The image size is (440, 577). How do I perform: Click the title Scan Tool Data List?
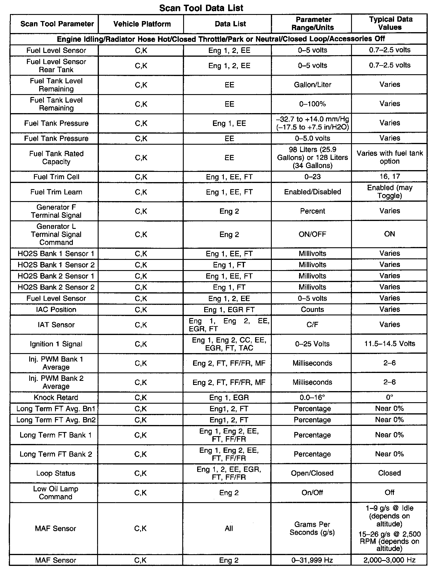pyautogui.click(x=201, y=8)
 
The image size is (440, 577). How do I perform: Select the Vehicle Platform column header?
pyautogui.click(x=142, y=24)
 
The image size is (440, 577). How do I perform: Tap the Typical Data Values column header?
pyautogui.click(x=390, y=23)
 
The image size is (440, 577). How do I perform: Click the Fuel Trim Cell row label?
pyautogui.click(x=56, y=177)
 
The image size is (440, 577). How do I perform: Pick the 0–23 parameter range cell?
pyautogui.click(x=312, y=177)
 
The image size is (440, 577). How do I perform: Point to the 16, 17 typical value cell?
pyautogui.click(x=389, y=177)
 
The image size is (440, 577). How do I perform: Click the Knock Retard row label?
pyautogui.click(x=56, y=398)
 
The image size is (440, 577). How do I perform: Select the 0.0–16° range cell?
pyautogui.click(x=312, y=398)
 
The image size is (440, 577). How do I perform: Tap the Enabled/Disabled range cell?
pyautogui.click(x=312, y=192)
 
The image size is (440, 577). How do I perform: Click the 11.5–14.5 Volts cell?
pyautogui.click(x=389, y=344)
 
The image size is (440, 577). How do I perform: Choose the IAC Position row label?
pyautogui.click(x=56, y=310)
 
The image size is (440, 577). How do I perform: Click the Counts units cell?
pyautogui.click(x=312, y=310)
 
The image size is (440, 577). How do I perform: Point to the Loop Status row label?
pyautogui.click(x=56, y=473)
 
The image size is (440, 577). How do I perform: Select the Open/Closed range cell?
pyautogui.click(x=312, y=473)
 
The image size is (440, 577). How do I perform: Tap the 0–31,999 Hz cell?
pyautogui.click(x=312, y=560)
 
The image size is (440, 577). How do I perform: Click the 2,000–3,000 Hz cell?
pyautogui.click(x=389, y=560)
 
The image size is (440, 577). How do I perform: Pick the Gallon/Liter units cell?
pyautogui.click(x=312, y=85)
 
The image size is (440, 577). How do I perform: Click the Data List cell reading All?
pyautogui.click(x=229, y=528)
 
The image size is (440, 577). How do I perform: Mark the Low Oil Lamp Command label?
pyautogui.click(x=56, y=493)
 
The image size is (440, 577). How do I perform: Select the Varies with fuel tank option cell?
pyautogui.click(x=389, y=157)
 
